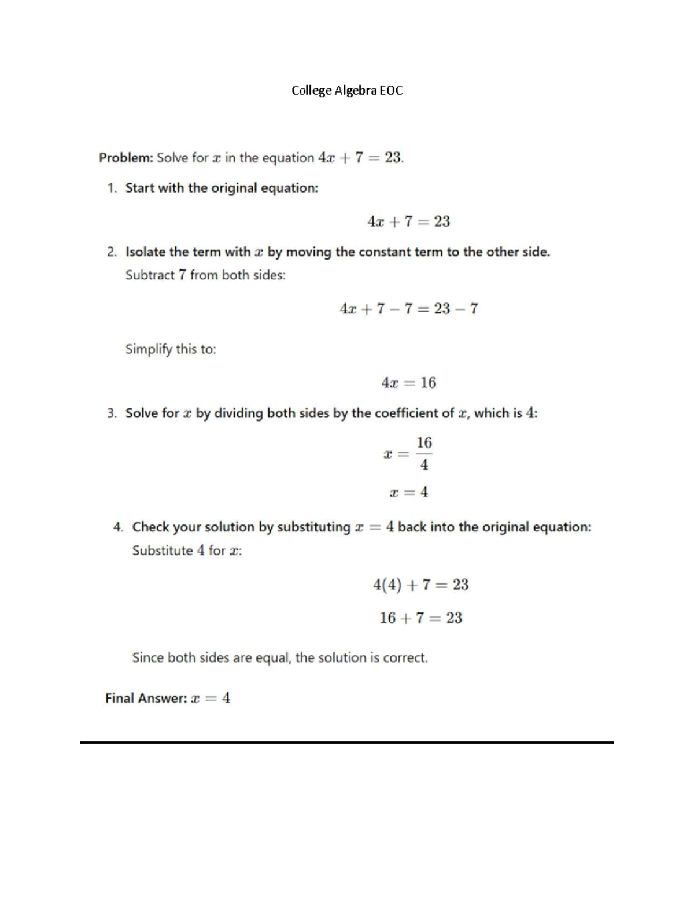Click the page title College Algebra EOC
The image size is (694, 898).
pos(347,90)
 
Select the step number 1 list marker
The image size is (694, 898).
pos(112,188)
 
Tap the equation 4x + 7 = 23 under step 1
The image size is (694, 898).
pos(408,221)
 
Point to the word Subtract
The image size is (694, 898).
pos(150,275)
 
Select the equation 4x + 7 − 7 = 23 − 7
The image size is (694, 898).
pos(408,309)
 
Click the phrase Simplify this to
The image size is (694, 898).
pos(171,349)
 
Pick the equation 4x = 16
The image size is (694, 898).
pos(408,383)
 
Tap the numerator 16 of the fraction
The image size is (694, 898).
pos(424,443)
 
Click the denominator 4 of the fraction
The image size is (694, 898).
pos(424,465)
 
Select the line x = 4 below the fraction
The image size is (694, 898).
pos(408,493)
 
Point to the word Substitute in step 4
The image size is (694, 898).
pos(162,550)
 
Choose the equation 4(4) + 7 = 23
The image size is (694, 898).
pos(420,585)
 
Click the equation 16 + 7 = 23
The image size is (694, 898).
pos(420,618)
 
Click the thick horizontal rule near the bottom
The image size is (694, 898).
pos(347,742)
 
